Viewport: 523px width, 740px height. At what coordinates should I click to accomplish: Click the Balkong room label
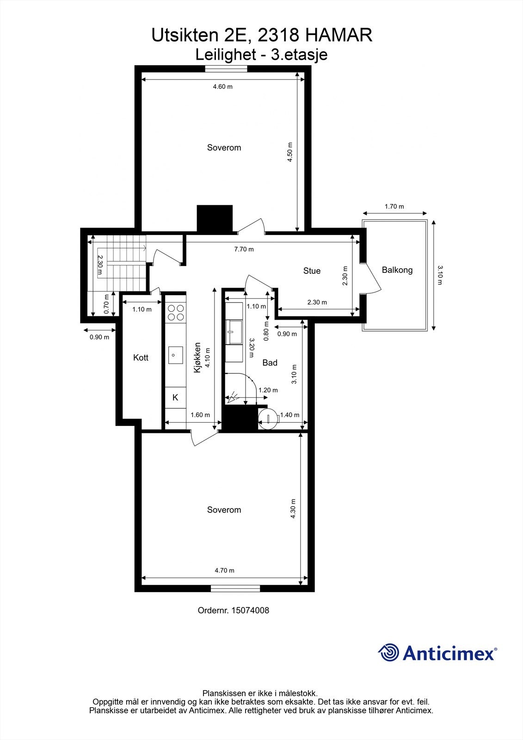click(x=397, y=270)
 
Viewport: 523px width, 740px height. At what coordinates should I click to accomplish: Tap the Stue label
click(x=312, y=271)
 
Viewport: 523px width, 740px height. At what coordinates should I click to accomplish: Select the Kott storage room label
click(x=141, y=358)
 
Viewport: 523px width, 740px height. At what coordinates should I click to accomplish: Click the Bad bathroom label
click(x=270, y=363)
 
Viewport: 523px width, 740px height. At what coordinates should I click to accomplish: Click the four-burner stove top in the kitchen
click(x=175, y=312)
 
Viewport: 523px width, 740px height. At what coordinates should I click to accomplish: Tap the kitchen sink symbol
click(x=175, y=355)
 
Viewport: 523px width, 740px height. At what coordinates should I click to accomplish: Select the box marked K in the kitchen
click(x=175, y=397)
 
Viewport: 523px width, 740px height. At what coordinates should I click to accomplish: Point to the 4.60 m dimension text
click(x=222, y=86)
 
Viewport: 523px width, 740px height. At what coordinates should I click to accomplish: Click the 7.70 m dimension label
click(x=244, y=249)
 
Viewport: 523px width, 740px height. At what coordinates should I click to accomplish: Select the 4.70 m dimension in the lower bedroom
click(x=224, y=570)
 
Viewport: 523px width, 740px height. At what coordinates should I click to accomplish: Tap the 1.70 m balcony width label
click(x=394, y=207)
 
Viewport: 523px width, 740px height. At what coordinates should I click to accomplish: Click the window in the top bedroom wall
click(x=226, y=69)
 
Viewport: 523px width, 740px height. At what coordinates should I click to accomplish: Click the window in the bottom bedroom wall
click(x=235, y=588)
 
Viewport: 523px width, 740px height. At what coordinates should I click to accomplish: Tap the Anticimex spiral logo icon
click(x=388, y=653)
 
